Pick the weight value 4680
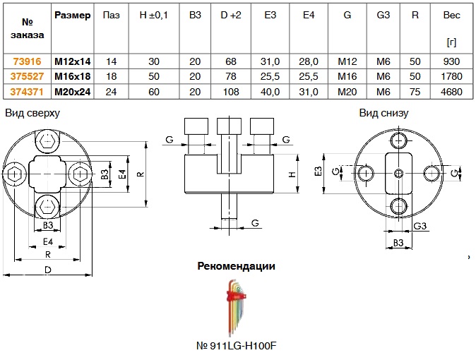[452, 91]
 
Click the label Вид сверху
[32, 113]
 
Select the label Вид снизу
[383, 113]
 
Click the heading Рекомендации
[236, 266]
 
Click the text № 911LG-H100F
[236, 347]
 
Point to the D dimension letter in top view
[48, 270]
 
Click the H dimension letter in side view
[292, 174]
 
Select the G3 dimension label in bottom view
[420, 226]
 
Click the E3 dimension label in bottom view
[319, 171]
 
